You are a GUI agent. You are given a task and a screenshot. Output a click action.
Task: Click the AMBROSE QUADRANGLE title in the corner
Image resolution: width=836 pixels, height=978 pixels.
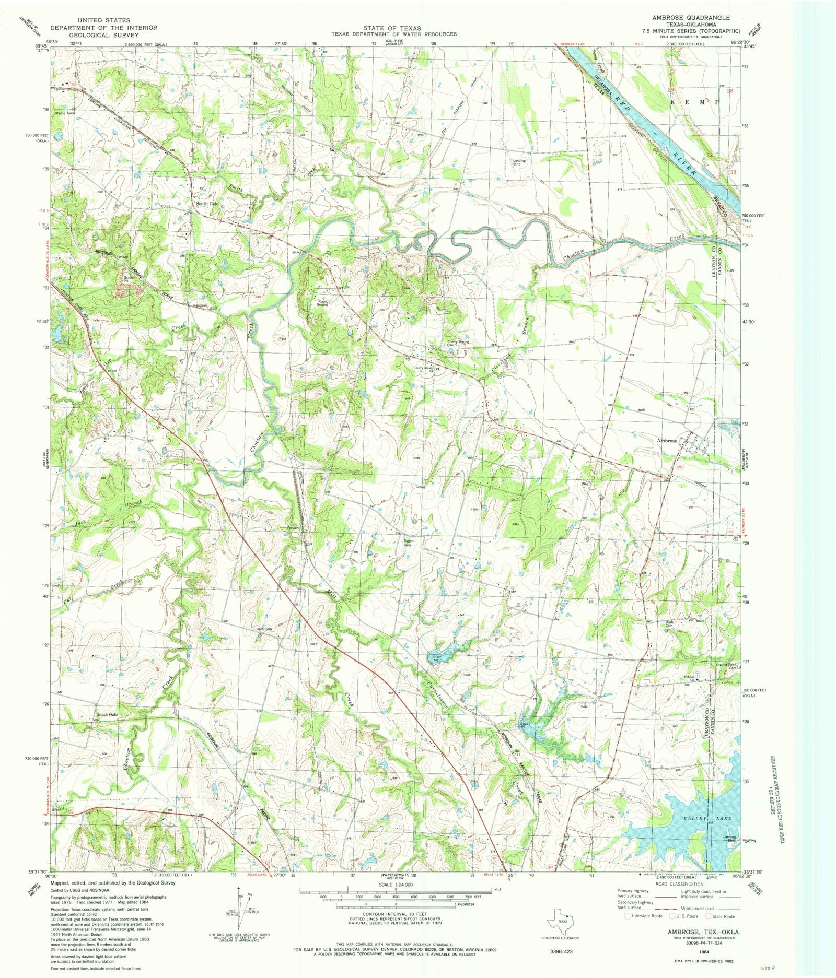[x=691, y=17]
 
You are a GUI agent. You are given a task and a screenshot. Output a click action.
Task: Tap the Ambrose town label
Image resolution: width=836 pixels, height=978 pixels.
[x=667, y=441]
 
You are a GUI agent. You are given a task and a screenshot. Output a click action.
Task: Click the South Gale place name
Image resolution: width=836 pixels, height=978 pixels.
[x=207, y=204]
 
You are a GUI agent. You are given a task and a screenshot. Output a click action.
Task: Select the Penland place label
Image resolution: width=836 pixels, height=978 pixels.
[x=294, y=528]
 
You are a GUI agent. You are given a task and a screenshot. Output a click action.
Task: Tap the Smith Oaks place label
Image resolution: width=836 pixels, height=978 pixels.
[x=107, y=715]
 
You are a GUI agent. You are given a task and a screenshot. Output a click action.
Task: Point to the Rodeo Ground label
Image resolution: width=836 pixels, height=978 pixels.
[x=322, y=303]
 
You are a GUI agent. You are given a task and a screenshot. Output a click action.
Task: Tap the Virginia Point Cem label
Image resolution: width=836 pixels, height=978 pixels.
[x=726, y=666]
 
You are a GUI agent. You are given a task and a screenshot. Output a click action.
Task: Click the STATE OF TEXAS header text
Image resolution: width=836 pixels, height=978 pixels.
[x=393, y=28]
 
